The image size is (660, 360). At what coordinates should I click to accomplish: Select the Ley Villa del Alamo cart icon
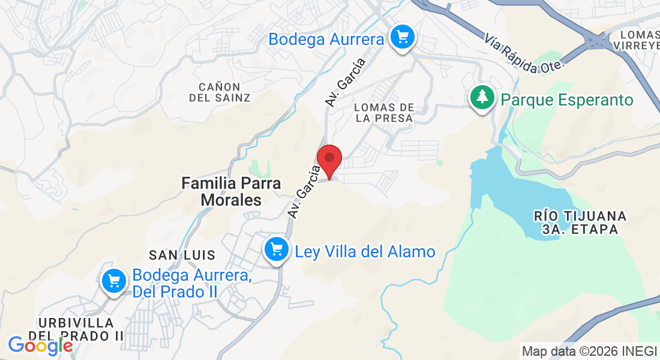[x=277, y=249]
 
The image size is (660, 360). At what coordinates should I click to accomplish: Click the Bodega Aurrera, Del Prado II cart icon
[x=113, y=280]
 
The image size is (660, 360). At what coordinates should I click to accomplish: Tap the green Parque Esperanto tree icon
[x=481, y=97]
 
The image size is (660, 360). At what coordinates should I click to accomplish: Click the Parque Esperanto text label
[x=567, y=100]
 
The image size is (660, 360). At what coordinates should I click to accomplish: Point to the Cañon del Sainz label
[x=220, y=92]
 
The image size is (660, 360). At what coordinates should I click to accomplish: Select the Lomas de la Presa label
[x=384, y=112]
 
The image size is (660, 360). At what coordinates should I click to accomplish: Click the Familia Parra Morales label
[x=232, y=191]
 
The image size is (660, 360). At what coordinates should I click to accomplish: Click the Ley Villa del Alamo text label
[x=365, y=251]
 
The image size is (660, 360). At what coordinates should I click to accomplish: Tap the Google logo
[x=40, y=345]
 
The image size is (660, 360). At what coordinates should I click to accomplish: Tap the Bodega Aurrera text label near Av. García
[x=326, y=40]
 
